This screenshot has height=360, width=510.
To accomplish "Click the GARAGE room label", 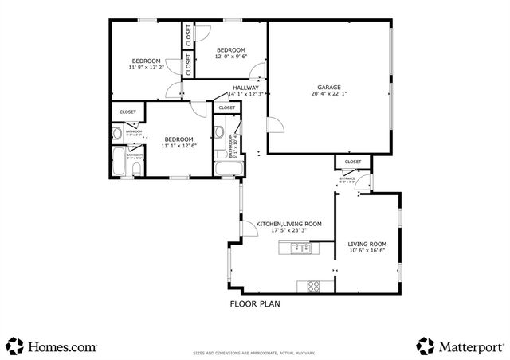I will [x=329, y=87].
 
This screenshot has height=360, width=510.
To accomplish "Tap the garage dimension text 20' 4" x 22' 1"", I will [x=329, y=94].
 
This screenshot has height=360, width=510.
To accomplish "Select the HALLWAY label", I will [x=245, y=88].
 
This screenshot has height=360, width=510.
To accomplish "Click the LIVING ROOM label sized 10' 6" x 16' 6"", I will [x=367, y=244].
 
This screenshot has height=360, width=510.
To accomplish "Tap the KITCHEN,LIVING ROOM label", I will [x=288, y=225].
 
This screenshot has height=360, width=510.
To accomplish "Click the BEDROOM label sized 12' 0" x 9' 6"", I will [x=231, y=50].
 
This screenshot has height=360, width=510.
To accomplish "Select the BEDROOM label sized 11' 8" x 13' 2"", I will [x=146, y=61].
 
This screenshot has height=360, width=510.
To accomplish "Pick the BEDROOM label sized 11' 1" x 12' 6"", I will [x=179, y=139].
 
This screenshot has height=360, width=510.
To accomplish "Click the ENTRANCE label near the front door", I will [x=347, y=178].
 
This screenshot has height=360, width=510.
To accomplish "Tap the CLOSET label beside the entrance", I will [x=352, y=162].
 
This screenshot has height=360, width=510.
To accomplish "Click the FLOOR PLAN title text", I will [x=255, y=303].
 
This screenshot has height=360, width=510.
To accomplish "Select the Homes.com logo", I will [x=51, y=346].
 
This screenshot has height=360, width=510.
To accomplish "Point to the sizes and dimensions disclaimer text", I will [x=255, y=354].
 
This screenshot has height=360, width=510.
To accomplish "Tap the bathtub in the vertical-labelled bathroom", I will [x=224, y=168].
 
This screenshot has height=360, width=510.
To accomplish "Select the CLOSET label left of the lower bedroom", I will [x=127, y=112].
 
